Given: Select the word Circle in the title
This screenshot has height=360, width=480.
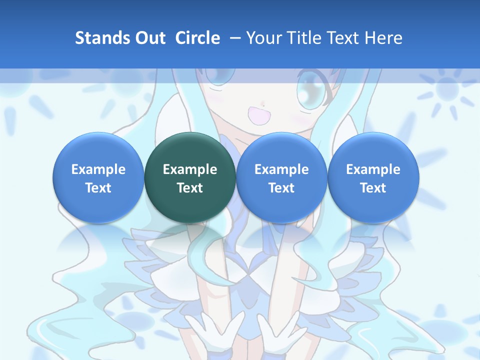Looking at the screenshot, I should (197, 38).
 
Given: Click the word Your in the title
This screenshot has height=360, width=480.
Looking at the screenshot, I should (263, 38).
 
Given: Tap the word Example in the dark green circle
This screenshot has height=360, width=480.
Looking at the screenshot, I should (190, 169).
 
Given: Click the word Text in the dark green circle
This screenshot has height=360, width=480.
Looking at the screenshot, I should (190, 188).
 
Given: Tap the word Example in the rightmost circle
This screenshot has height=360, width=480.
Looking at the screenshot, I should (373, 169).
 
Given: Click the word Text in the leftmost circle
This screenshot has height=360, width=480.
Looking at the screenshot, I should (98, 188).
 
